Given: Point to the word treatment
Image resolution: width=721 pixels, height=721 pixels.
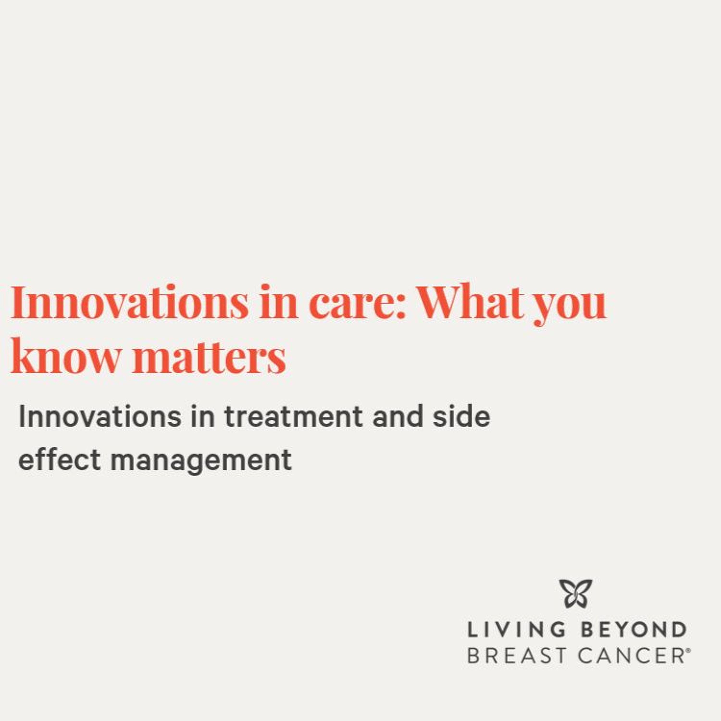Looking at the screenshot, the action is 293,417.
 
